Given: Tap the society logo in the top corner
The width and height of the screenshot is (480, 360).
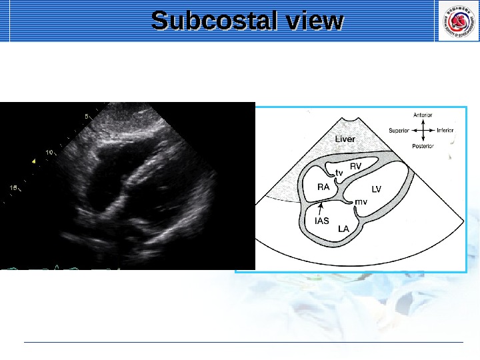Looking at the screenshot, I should pyautogui.click(x=456, y=21).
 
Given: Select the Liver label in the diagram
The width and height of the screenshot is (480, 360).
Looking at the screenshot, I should pyautogui.click(x=345, y=139).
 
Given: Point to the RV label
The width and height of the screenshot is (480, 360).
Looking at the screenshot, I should pyautogui.click(x=356, y=166).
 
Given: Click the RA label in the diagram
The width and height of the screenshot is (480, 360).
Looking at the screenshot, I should pyautogui.click(x=323, y=187).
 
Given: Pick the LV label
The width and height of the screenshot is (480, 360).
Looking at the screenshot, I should pyautogui.click(x=377, y=189).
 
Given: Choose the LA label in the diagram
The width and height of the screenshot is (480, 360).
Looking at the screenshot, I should pyautogui.click(x=344, y=229).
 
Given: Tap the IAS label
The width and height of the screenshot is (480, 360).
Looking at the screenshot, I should pyautogui.click(x=322, y=221).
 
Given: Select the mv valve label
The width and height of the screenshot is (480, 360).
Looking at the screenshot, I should pyautogui.click(x=361, y=201).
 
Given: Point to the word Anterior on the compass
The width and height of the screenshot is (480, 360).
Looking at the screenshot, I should pyautogui.click(x=423, y=115).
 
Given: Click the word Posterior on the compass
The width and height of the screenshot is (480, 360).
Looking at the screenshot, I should pyautogui.click(x=423, y=146).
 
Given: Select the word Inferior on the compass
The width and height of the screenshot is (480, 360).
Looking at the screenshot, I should pyautogui.click(x=445, y=131).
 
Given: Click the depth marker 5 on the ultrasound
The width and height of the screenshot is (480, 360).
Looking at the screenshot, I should pyautogui.click(x=86, y=116).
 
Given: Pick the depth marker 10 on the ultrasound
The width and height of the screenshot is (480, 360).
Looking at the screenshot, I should pyautogui.click(x=49, y=152).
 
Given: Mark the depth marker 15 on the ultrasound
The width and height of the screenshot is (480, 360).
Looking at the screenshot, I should pyautogui.click(x=13, y=188).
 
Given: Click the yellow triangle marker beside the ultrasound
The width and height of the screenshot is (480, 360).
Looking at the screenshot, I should pyautogui.click(x=33, y=161).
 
